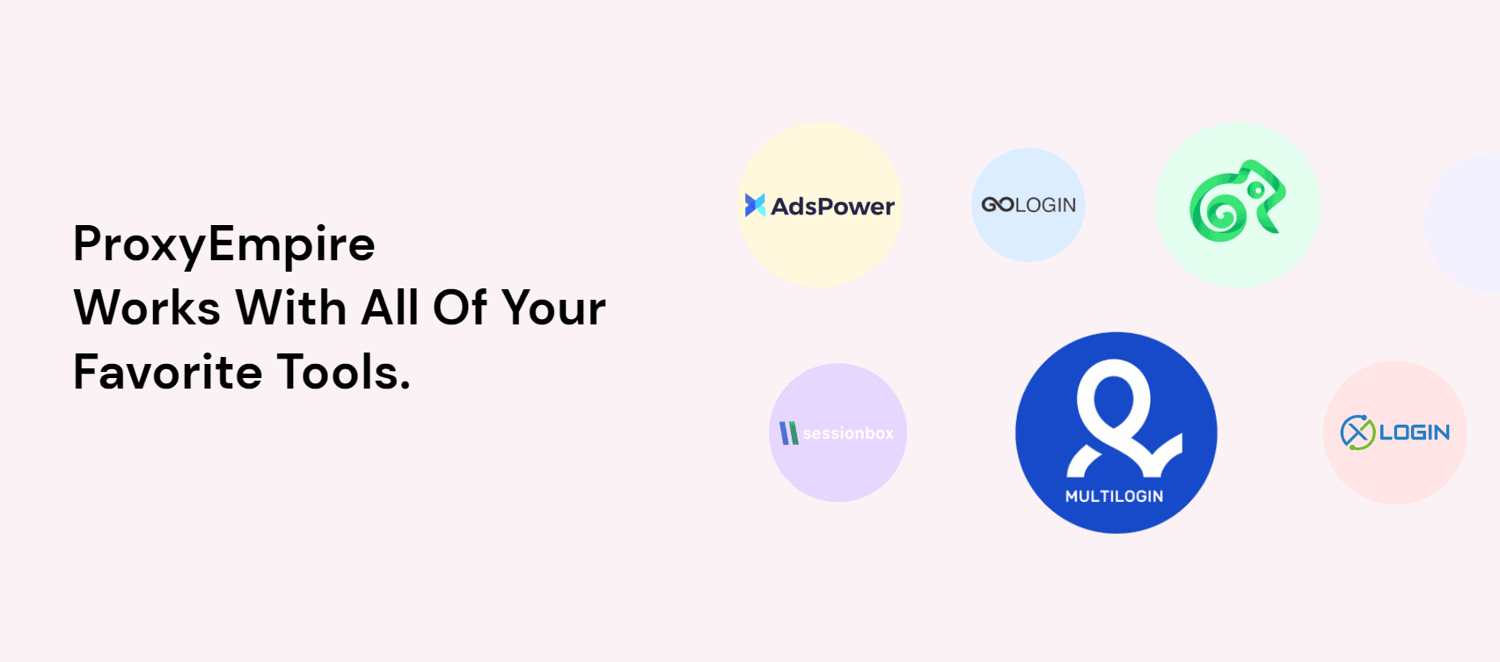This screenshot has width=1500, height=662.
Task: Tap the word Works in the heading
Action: [147, 308]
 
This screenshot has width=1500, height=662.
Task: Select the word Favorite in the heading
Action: [167, 372]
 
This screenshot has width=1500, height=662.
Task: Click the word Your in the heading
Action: [553, 308]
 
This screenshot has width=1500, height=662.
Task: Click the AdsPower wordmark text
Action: [832, 207]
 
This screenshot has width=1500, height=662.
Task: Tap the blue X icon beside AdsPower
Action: [755, 205]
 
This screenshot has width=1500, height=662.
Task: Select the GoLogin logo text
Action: [1028, 205]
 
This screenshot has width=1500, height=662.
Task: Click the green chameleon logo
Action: [1237, 200]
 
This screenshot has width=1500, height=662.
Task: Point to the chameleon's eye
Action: [1257, 191]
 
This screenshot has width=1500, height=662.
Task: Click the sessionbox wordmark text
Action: [848, 433]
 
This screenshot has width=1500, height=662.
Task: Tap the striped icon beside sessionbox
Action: [789, 433]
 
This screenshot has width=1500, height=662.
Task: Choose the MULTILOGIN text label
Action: [1115, 497]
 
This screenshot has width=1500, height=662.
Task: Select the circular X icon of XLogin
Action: [1357, 433]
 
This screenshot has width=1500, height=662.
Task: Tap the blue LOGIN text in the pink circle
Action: [1415, 433]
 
